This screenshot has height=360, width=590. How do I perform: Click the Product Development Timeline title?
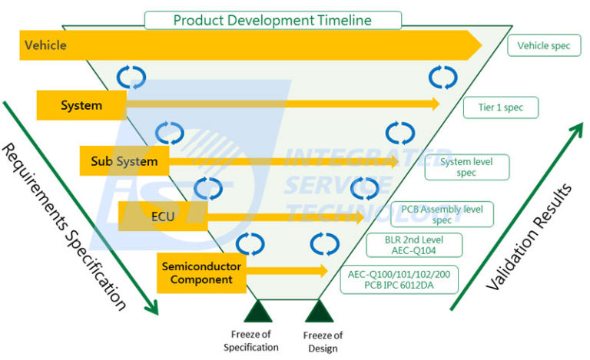(273, 20)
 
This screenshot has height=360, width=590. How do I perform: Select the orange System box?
(81, 105)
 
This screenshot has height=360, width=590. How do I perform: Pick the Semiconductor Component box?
(201, 273)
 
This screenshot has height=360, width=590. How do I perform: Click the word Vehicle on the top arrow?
(45, 45)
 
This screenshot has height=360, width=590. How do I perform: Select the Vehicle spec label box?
(544, 46)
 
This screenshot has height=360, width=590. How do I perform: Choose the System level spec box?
(466, 167)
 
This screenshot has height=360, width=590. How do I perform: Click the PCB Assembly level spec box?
(442, 214)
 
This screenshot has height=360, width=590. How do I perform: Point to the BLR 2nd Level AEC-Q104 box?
(413, 245)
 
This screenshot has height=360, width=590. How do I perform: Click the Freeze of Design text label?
(323, 342)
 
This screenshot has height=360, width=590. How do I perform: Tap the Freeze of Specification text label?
(254, 342)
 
